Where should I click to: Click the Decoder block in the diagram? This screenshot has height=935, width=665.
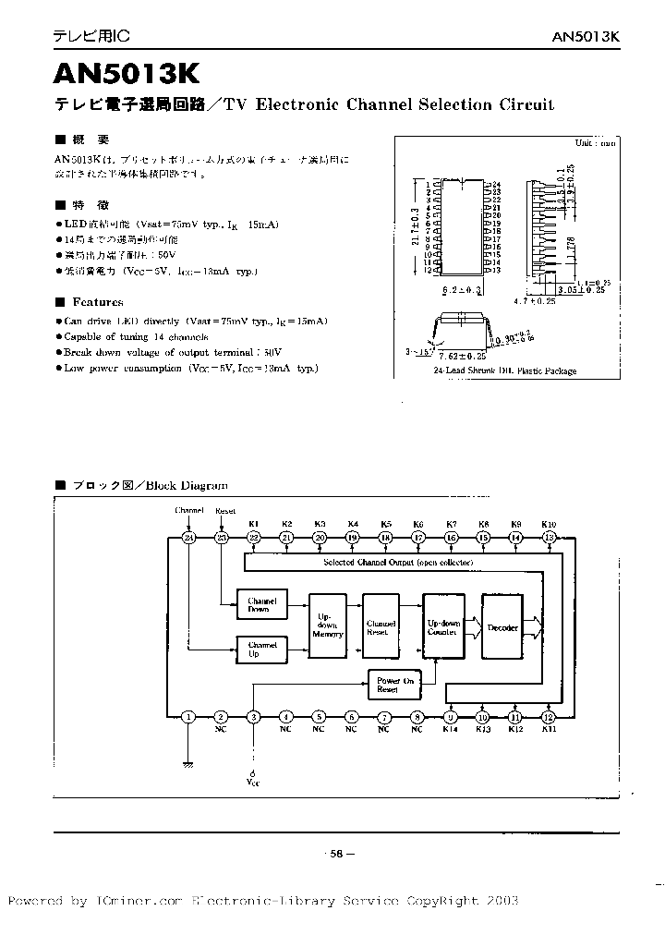(502, 627)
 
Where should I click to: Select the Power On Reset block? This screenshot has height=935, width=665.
(388, 685)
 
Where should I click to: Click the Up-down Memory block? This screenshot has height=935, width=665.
(329, 625)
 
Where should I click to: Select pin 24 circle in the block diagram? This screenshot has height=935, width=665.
(188, 538)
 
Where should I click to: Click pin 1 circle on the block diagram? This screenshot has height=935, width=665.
(188, 717)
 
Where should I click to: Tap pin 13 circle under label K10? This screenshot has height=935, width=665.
(549, 538)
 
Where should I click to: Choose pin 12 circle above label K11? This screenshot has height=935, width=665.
(549, 717)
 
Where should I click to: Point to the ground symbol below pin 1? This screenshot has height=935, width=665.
(188, 763)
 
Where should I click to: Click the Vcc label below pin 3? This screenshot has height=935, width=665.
(253, 782)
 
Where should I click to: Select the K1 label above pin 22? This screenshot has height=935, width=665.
(253, 523)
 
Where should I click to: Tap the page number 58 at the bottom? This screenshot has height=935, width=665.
(336, 855)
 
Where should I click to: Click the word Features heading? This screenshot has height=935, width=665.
(97, 302)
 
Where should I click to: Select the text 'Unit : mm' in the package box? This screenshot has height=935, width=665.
(595, 143)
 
